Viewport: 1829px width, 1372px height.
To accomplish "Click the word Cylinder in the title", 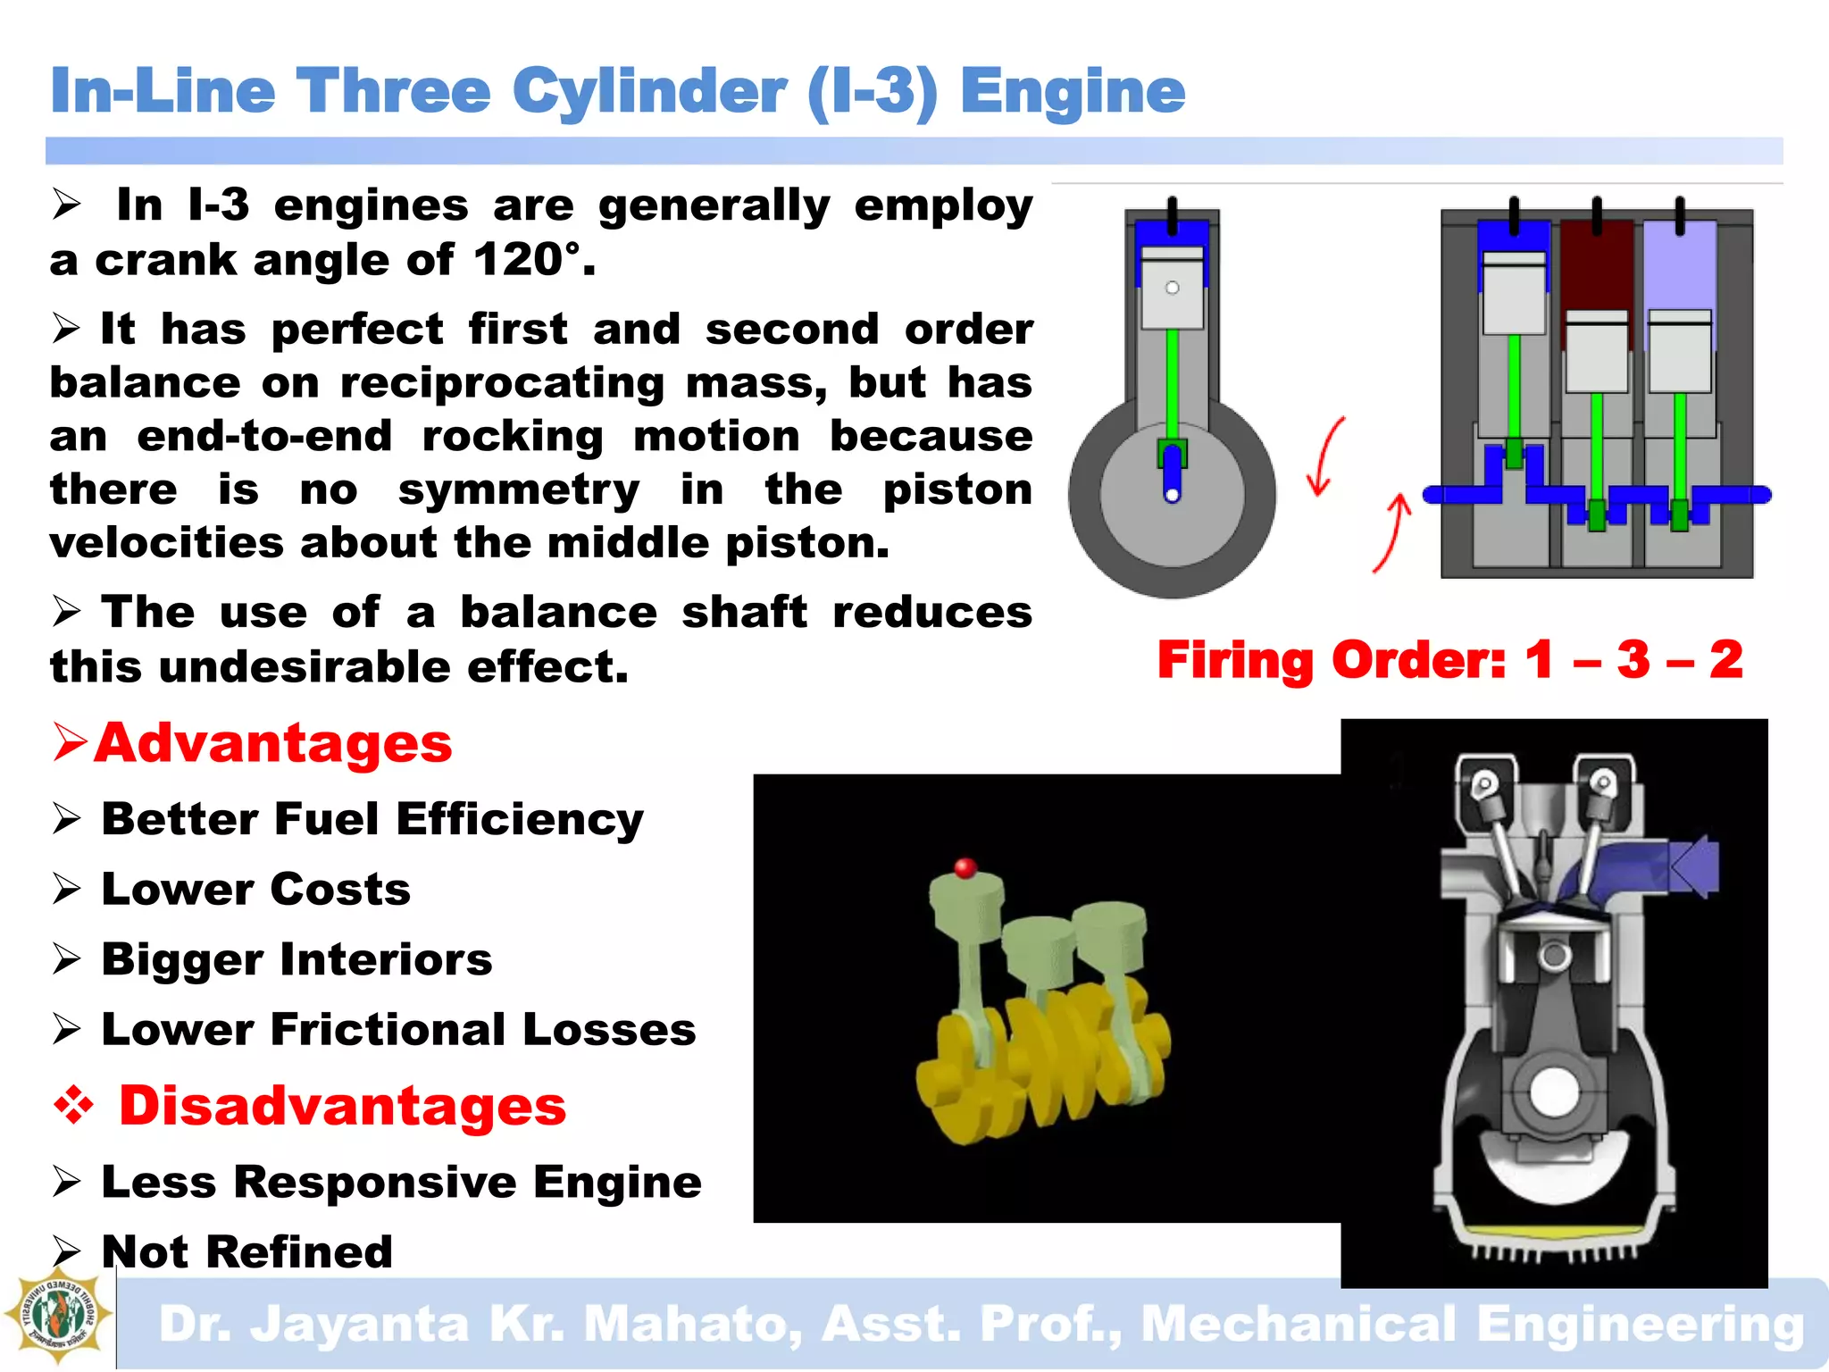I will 649,93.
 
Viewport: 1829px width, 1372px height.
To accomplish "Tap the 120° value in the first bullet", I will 526,261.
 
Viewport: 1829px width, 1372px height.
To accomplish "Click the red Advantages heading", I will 273,743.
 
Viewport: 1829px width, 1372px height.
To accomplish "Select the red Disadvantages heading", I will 342,1106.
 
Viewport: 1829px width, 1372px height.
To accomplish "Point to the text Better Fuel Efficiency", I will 372,819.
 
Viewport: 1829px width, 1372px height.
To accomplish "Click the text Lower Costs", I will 256,890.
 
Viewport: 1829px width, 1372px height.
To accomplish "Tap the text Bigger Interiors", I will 296,959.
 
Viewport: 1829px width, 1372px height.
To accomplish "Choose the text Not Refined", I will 247,1251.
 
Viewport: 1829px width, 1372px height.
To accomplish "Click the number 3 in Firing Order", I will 1633,660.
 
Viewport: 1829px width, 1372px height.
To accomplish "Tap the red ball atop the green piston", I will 965,867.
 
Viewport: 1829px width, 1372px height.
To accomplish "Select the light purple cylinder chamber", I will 1679,268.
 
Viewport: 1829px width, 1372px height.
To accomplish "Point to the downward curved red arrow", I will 1324,456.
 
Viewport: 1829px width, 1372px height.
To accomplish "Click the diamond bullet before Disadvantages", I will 74,1106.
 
